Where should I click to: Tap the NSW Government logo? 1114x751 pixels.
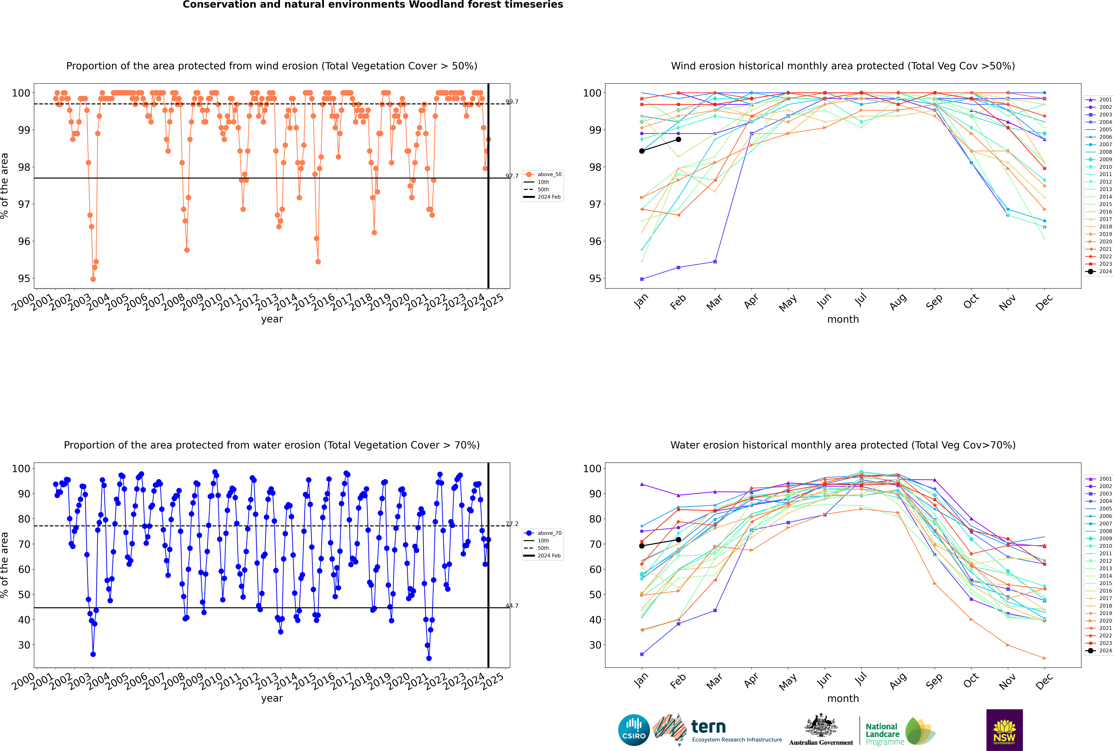(1004, 729)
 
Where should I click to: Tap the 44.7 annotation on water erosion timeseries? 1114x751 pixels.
(512, 606)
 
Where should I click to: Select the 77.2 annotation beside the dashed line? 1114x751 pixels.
(512, 524)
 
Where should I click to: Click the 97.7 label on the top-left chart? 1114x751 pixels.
(512, 176)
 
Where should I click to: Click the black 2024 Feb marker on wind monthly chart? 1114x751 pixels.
(678, 139)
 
